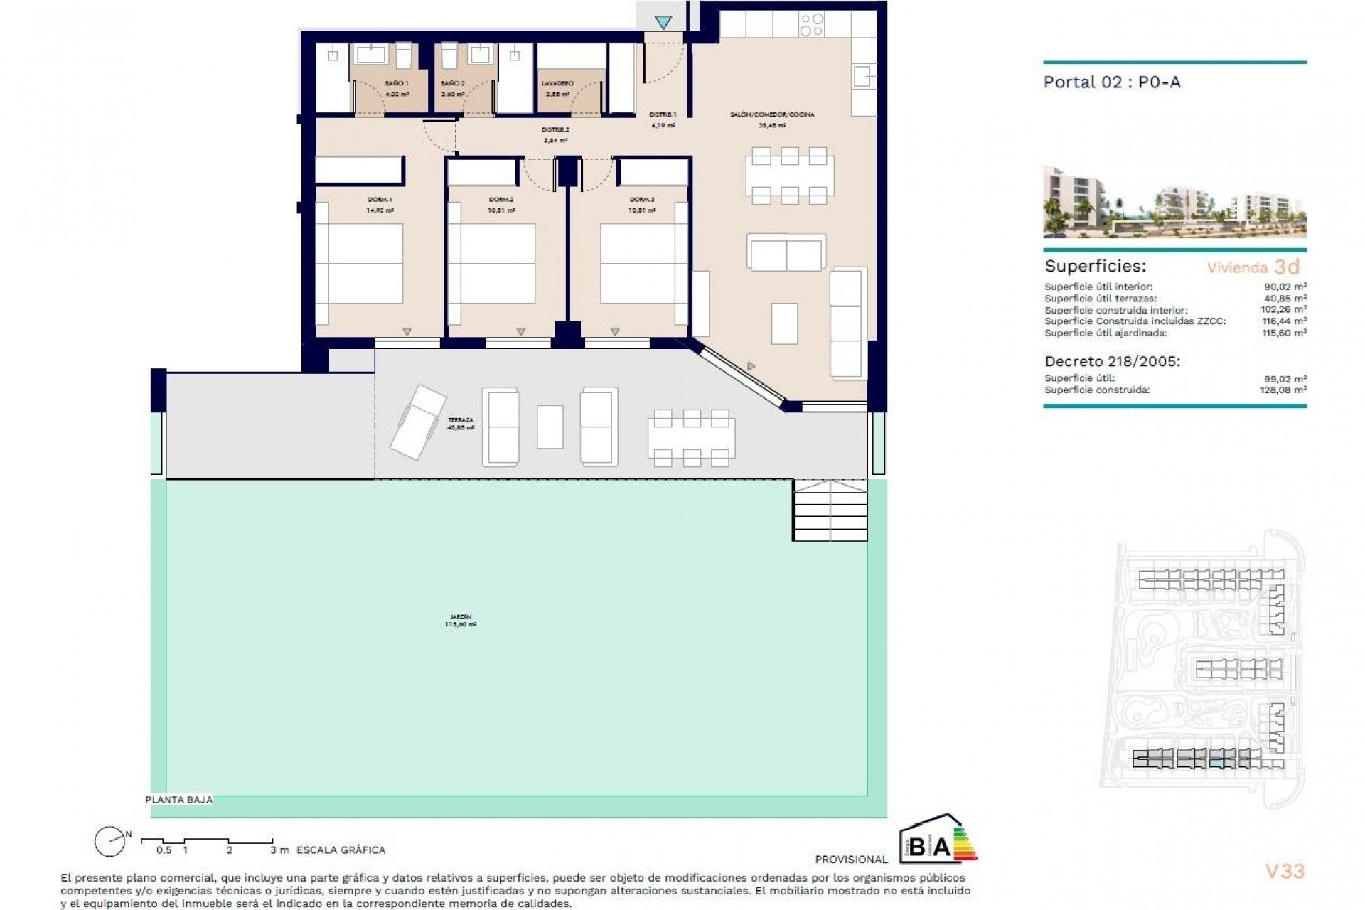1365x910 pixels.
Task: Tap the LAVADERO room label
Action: coord(557,84)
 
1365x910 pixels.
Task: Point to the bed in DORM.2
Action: coord(497,264)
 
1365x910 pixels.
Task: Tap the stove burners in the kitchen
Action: coord(812,25)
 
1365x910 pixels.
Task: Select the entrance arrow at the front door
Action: coord(663,23)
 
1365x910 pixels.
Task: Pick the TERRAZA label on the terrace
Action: coord(460,420)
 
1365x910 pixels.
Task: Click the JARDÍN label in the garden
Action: coord(460,617)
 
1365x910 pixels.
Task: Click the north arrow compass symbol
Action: coord(110,842)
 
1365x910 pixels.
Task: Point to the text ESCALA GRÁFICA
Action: coord(341,850)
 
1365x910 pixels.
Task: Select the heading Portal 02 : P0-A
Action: coord(1111,82)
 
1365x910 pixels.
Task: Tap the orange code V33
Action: coord(1285,871)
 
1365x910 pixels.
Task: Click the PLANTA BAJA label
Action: coord(178,800)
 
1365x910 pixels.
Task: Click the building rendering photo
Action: coord(1174,202)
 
